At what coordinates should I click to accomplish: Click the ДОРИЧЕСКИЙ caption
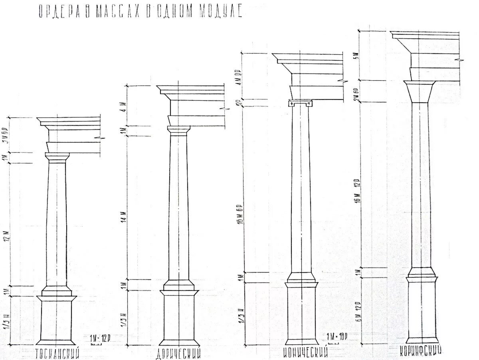tap(177, 353)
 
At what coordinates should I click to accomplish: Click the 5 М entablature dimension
tap(358, 56)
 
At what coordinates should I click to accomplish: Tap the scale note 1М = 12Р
tap(100, 338)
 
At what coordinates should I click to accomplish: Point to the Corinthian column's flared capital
tap(420, 91)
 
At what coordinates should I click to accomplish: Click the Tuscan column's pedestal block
tap(56, 319)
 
